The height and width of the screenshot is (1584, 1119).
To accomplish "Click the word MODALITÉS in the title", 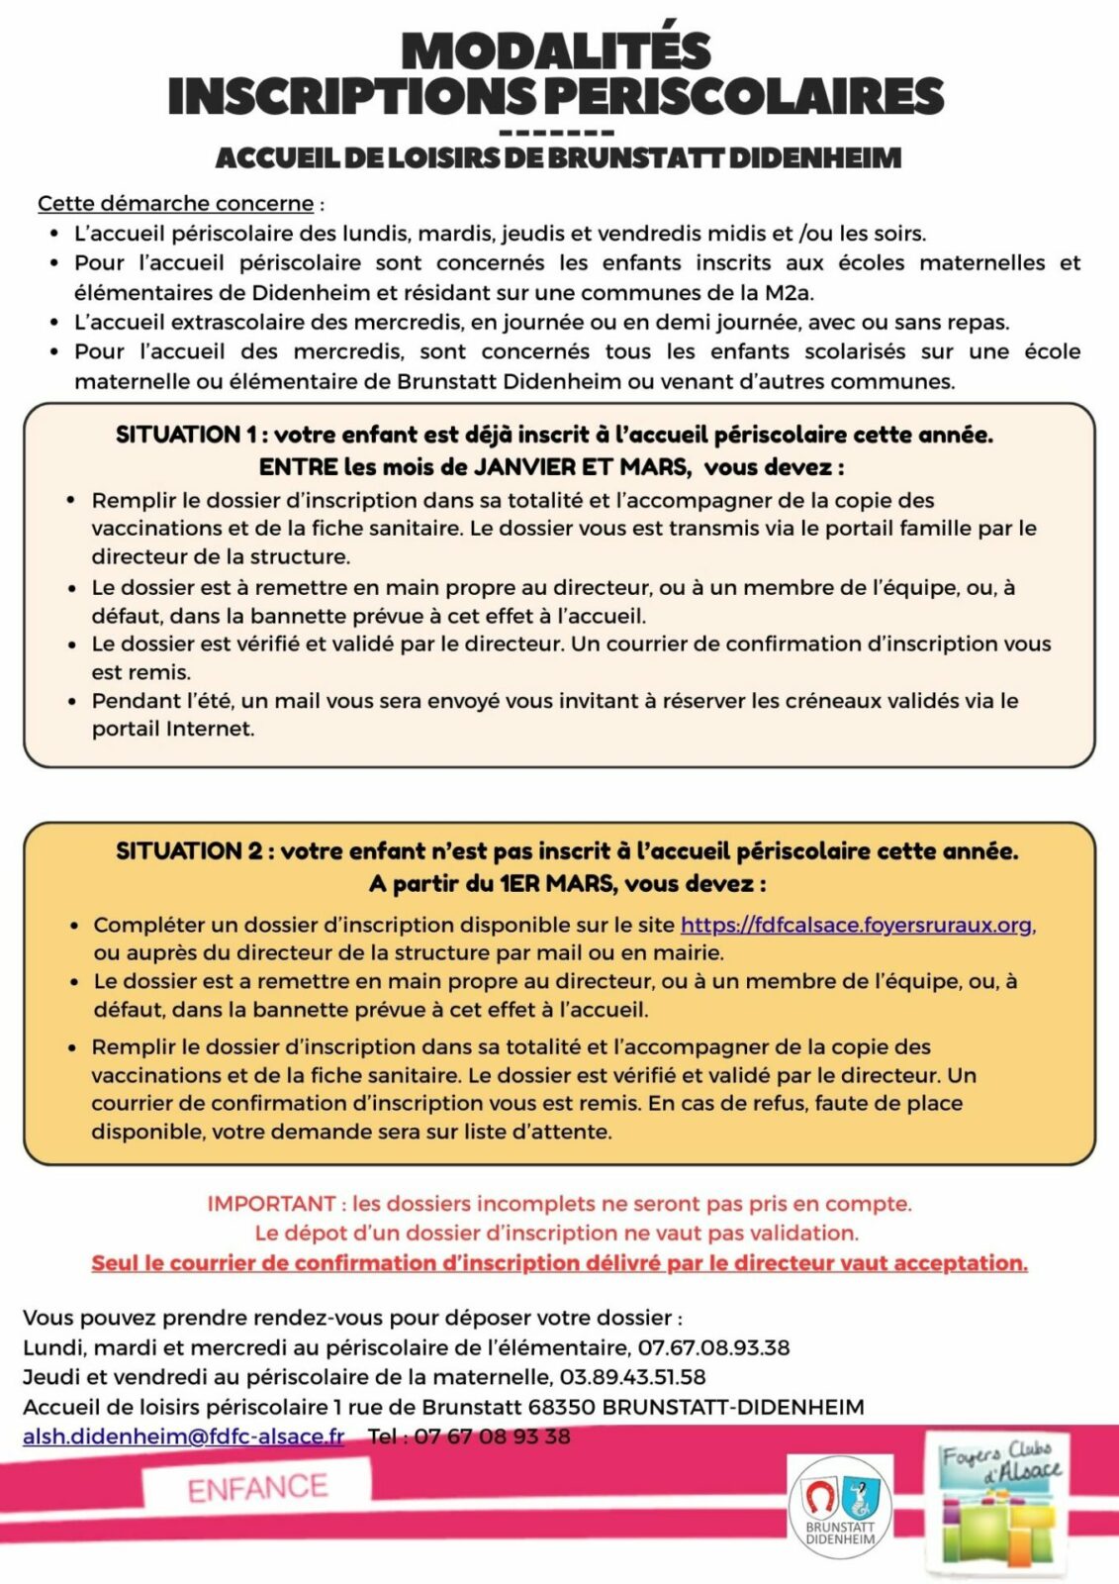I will (556, 51).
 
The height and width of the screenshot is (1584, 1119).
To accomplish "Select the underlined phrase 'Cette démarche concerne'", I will (175, 204).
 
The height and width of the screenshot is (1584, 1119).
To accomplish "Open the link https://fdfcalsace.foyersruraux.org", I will (857, 925).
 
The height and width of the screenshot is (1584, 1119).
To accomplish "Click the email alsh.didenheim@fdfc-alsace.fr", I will (184, 1436).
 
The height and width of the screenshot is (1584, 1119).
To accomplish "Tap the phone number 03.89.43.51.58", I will (632, 1377).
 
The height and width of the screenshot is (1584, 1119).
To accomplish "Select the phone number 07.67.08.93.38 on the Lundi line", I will (713, 1347).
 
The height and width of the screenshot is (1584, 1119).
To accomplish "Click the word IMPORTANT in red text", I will (271, 1204).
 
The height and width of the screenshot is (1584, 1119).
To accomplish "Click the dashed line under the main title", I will (557, 133).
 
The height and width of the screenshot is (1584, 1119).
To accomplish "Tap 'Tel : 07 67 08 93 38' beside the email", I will (469, 1436).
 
